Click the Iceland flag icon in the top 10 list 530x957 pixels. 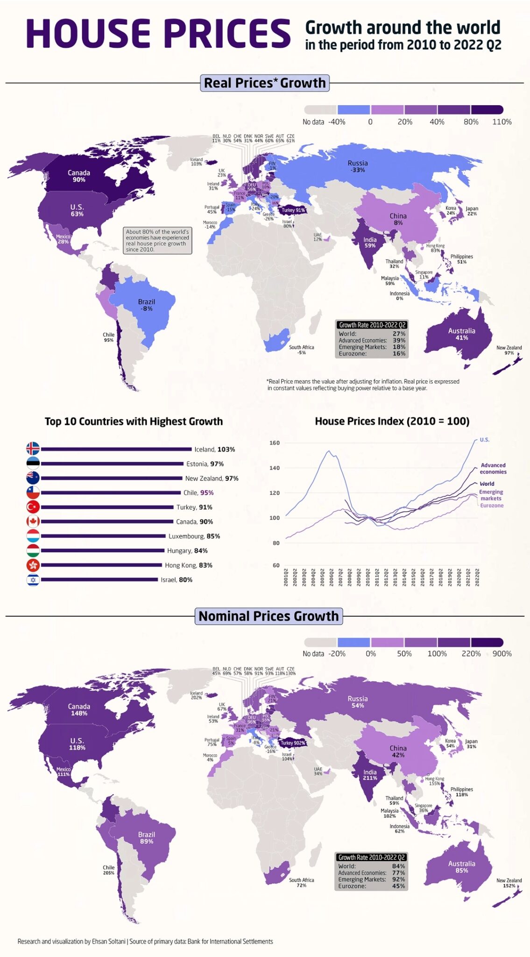[33, 449]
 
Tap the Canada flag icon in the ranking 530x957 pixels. [33, 521]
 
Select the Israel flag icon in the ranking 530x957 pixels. [33, 580]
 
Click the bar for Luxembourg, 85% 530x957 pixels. [103, 536]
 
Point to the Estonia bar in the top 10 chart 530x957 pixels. [112, 464]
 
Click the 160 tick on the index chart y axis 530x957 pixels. [275, 443]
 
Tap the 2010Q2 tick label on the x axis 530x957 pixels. [368, 577]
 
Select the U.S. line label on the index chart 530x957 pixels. [484, 440]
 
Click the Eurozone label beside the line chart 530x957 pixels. [492, 506]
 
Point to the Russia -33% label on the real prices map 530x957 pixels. [358, 166]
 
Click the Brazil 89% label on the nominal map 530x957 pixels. [147, 838]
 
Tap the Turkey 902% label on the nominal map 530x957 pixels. [293, 743]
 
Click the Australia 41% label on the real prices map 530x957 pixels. [461, 334]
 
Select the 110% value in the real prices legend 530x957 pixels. [502, 122]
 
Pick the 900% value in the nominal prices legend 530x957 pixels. [502, 654]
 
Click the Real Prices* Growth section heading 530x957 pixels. [265, 83]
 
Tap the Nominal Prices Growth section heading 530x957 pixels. [269, 616]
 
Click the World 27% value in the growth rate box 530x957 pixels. [399, 334]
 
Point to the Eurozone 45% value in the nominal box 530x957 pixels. [398, 886]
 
